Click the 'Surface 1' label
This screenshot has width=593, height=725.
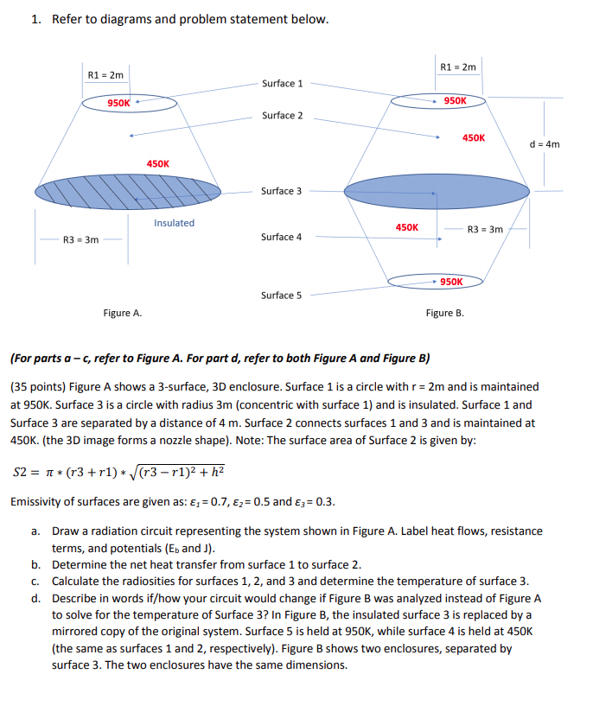[x=282, y=84]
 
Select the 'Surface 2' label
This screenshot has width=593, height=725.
[x=282, y=116]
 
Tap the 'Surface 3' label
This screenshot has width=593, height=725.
[x=282, y=191]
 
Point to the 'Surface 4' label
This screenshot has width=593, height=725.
[x=282, y=237]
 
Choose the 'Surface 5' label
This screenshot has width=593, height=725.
[x=282, y=296]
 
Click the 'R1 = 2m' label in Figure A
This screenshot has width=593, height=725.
[x=106, y=75]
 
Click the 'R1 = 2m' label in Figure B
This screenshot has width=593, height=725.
[x=458, y=67]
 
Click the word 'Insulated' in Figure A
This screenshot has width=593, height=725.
[x=175, y=223]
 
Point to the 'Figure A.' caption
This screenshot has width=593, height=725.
[x=123, y=313]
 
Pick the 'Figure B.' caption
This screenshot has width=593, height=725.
[x=444, y=313]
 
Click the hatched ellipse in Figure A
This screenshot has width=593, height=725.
[x=128, y=188]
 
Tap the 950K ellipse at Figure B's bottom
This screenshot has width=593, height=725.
[x=437, y=281]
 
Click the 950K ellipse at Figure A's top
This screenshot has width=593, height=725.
[x=130, y=104]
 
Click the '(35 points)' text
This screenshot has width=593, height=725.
[x=39, y=386]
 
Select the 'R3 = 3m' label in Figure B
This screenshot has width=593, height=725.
[x=484, y=230]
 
